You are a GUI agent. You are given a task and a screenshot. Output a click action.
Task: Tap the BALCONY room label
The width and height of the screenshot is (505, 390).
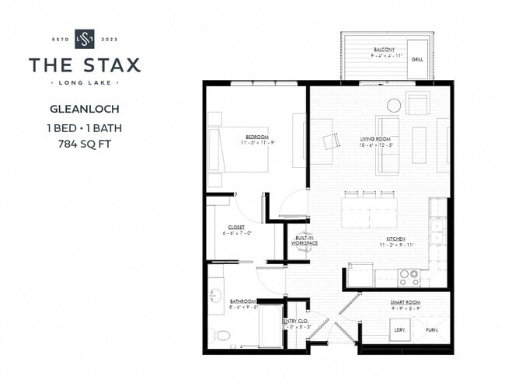[x=385, y=49]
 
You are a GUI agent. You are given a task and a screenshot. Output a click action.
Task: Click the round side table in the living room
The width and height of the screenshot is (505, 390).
[x=394, y=105]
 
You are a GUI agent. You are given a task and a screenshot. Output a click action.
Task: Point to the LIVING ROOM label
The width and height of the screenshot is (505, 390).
[x=376, y=140]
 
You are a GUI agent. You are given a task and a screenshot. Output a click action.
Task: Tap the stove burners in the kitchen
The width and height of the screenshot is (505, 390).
[x=409, y=277]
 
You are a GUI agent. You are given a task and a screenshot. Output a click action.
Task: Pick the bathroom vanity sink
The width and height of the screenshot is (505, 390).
[x=214, y=297]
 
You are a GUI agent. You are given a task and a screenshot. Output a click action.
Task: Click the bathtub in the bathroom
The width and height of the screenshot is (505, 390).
[x=270, y=326]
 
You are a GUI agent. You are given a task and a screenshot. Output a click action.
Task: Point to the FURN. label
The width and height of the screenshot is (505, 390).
[x=432, y=329]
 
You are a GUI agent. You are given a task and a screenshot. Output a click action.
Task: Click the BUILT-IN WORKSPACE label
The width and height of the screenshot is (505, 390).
[x=304, y=241]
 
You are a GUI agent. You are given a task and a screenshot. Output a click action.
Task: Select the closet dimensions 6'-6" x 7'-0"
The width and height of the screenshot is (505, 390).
[x=238, y=233]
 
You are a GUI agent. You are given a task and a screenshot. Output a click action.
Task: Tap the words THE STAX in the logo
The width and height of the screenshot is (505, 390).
[x=85, y=64]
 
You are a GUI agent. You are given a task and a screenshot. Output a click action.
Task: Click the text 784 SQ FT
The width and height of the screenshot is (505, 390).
[x=85, y=143]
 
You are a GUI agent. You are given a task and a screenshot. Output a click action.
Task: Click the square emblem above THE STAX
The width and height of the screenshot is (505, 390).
[x=85, y=38]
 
